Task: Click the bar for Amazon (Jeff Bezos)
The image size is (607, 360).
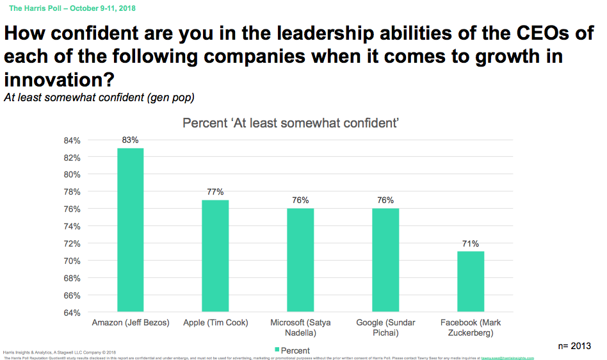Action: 130,231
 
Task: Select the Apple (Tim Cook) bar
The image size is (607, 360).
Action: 215,256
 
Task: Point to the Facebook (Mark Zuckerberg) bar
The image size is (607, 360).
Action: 471,282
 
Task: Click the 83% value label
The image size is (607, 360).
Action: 130,140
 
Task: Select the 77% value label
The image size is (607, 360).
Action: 215,192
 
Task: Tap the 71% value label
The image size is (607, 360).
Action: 471,243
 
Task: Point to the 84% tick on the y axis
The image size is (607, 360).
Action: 71,140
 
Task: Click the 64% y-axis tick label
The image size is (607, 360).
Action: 71,313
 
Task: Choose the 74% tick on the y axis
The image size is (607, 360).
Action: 71,227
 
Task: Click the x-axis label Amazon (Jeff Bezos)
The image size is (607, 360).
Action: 131,323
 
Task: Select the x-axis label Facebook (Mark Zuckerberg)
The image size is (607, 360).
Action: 471,328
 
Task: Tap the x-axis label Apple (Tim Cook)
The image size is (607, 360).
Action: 215,323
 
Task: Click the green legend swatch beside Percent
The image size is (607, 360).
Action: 277,350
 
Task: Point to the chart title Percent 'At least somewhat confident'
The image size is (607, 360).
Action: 291,123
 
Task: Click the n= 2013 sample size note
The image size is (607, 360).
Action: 574,346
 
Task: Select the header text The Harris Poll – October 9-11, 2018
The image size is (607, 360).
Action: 72,8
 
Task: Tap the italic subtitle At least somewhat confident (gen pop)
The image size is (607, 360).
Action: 99,98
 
